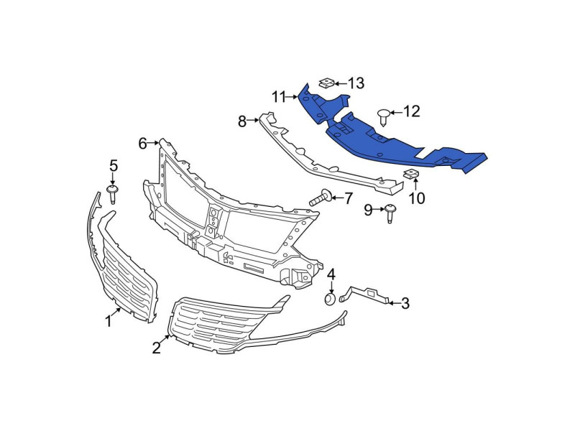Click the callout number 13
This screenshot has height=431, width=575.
coord(356,83)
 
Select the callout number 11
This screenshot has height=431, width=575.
coord(278,97)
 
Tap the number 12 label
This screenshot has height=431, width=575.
coord(411,111)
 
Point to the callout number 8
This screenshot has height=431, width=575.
coord(241,121)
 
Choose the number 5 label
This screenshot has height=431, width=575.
coord(114,166)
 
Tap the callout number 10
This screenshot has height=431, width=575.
coord(417,198)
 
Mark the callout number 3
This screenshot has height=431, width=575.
coord(405,303)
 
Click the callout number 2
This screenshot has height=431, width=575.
coord(157,348)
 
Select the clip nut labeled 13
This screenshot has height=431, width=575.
coord(326,83)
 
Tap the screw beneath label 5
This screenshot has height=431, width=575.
coord(113,194)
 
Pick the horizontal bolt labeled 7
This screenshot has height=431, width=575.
coord(321,198)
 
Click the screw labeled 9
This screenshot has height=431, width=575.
coord(390,213)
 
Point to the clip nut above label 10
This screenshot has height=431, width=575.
coord(410,174)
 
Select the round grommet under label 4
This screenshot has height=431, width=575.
coord(330,299)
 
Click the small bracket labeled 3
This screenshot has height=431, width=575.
coord(364,295)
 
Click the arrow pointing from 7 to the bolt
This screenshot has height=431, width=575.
coord(337,198)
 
